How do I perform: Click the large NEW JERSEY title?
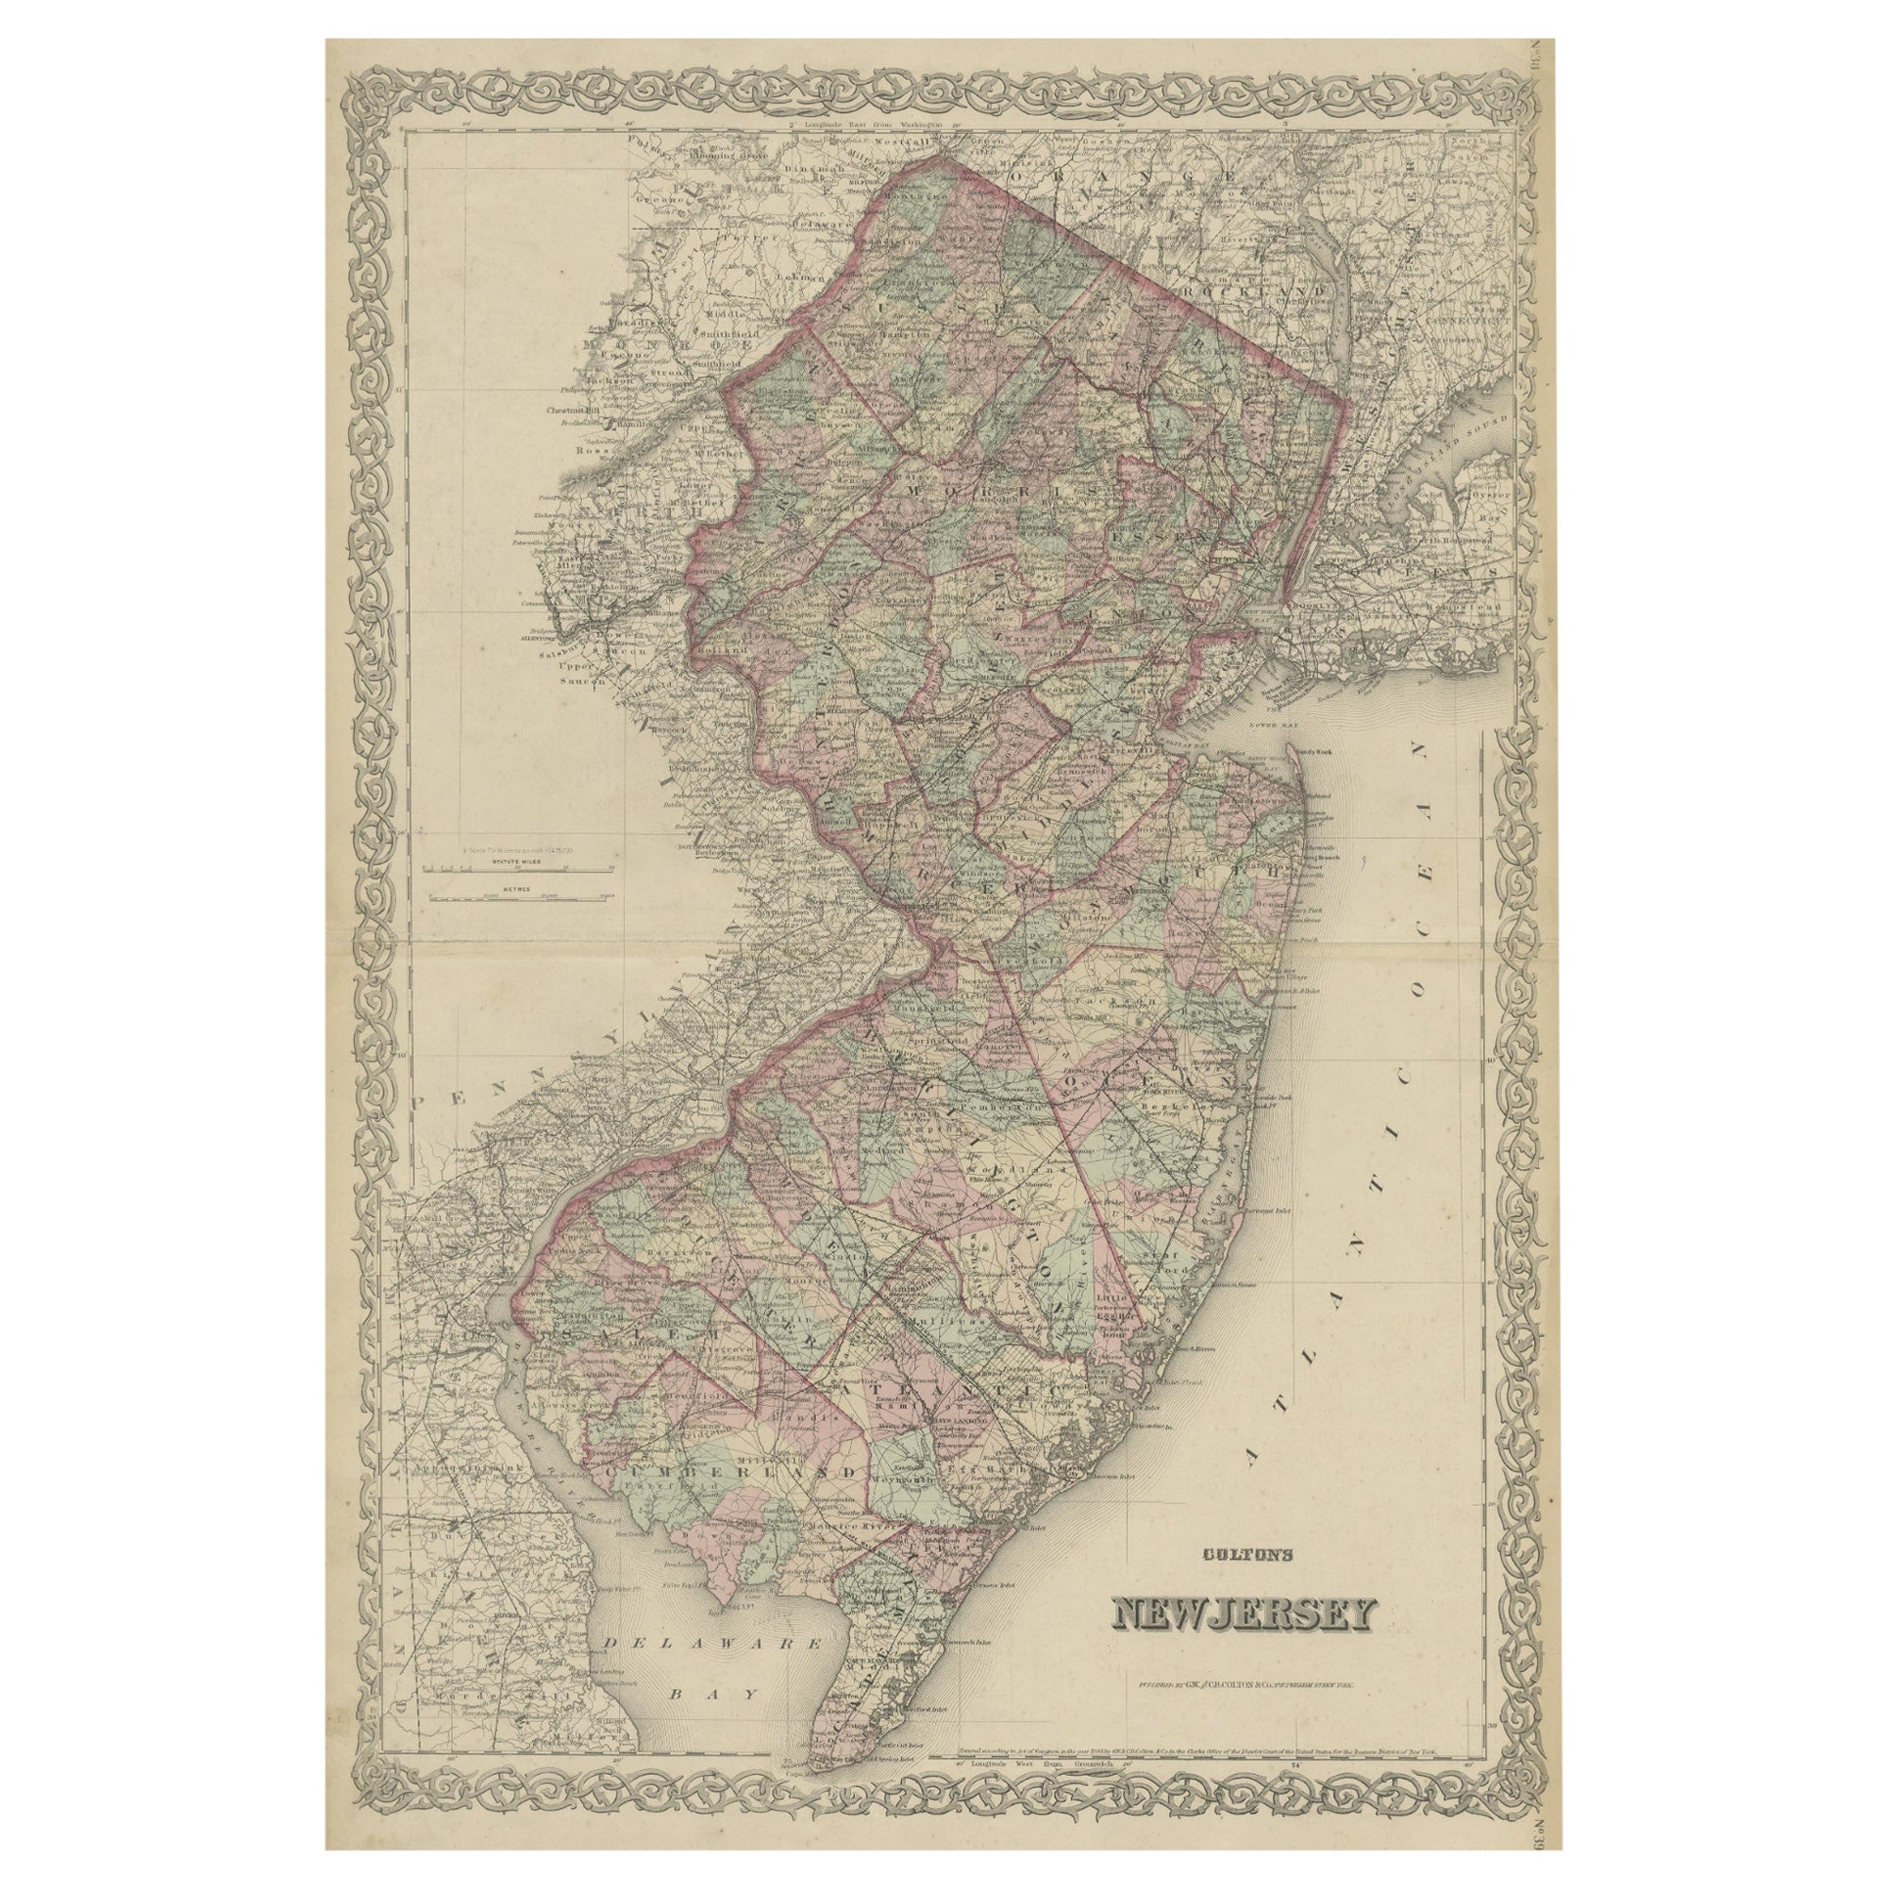pos(1242,1614)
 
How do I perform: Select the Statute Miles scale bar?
pos(508,865)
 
